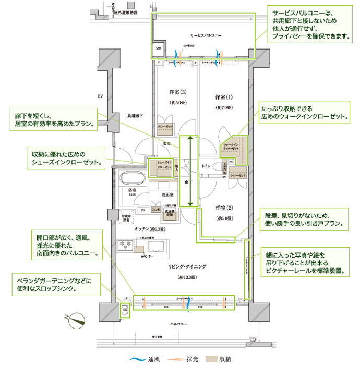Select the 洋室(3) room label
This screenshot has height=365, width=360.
pyautogui.click(x=176, y=92)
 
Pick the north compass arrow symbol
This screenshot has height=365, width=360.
pyautogui.click(x=75, y=317)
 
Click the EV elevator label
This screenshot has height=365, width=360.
pyautogui.click(x=99, y=97)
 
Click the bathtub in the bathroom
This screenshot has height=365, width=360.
pyautogui.click(x=133, y=178)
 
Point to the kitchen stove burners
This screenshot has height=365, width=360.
pyautogui.click(x=127, y=244)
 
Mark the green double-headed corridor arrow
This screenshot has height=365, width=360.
pyautogui.click(x=190, y=171)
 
